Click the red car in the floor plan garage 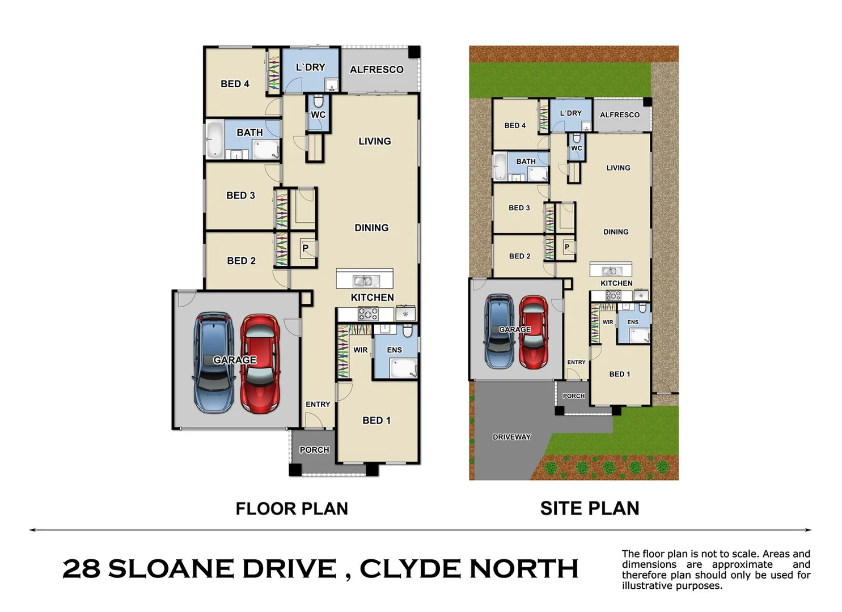click(260, 364)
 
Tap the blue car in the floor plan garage click(213, 363)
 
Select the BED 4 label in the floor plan click(235, 84)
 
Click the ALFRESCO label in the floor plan click(376, 70)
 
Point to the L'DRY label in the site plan click(570, 113)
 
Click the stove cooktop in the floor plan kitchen click(367, 313)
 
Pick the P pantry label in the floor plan click(305, 248)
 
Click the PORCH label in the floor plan click(314, 450)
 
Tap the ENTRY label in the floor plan click(318, 404)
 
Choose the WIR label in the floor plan click(361, 350)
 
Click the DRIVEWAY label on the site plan click(511, 437)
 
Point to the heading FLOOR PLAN click(291, 508)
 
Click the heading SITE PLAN click(589, 508)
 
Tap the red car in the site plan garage click(533, 331)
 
